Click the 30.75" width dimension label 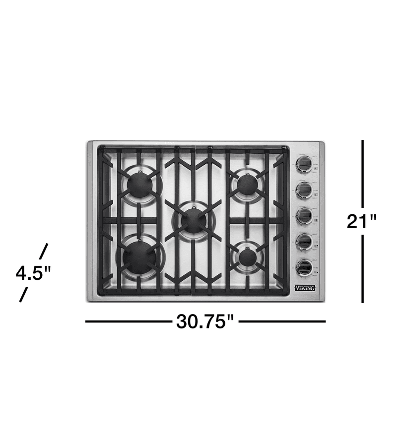(x=205, y=321)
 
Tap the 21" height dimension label (x=362, y=221)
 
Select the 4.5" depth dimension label (x=33, y=273)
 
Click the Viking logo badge (x=305, y=288)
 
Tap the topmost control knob (x=304, y=164)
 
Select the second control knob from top (x=304, y=189)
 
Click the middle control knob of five (x=304, y=215)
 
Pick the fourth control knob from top (x=304, y=241)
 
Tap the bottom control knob (x=304, y=267)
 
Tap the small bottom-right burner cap (x=247, y=257)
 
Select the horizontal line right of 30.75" (x=282, y=321)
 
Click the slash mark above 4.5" (x=44, y=251)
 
